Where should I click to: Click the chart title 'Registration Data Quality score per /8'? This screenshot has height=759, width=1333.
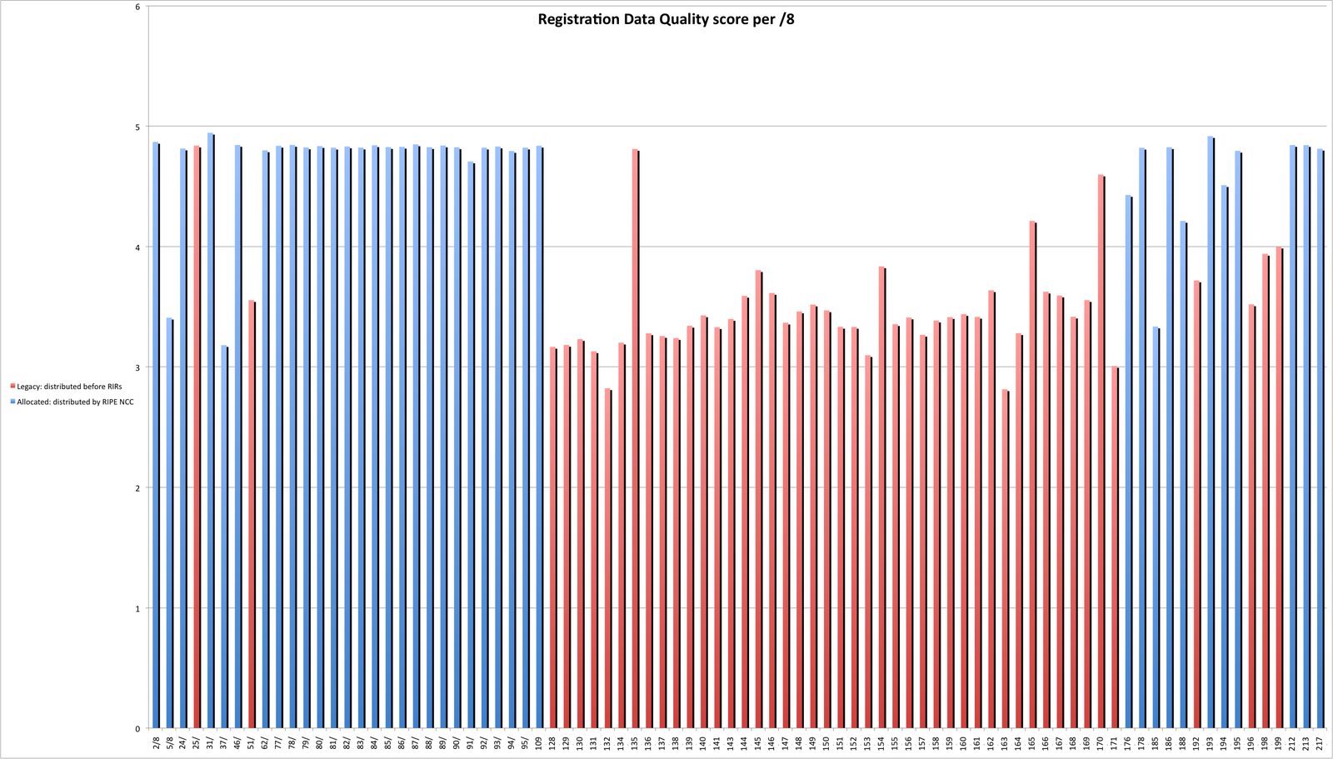click(666, 19)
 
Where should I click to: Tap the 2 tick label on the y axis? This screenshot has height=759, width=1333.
click(137, 487)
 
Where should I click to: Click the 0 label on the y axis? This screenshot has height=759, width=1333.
click(137, 728)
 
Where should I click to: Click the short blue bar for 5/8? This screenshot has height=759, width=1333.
click(169, 525)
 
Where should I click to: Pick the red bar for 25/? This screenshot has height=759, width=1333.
click(197, 433)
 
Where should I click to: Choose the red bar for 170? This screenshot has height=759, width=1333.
click(1101, 450)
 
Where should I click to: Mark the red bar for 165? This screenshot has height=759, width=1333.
click(1032, 475)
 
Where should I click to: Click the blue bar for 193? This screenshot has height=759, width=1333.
click(1211, 433)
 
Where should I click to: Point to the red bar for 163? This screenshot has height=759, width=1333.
click(1005, 558)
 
